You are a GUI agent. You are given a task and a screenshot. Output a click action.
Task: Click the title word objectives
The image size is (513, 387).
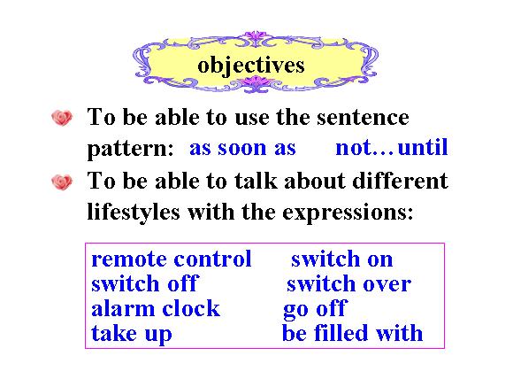[251, 66]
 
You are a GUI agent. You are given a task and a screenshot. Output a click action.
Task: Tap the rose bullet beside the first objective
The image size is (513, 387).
[62, 118]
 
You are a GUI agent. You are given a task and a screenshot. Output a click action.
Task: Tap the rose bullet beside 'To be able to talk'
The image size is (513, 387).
[62, 182]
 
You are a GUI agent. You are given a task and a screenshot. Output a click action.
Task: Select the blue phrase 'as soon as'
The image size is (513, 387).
[242, 148]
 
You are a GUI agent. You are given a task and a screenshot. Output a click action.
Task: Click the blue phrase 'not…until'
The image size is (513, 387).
[392, 148]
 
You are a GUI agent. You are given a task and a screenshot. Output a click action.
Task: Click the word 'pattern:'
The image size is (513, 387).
[130, 150]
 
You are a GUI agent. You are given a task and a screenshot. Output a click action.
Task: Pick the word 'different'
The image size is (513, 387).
[400, 181]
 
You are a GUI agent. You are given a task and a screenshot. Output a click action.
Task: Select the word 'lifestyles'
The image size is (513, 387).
[134, 212]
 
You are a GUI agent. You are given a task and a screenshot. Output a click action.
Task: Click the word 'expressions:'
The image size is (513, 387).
[348, 213]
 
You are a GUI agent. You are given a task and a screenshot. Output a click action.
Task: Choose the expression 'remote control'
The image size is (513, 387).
[172, 259]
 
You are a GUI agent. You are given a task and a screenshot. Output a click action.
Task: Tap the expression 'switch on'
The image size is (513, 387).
[342, 259]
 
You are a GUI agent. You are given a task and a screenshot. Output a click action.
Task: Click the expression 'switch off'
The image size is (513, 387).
[145, 283]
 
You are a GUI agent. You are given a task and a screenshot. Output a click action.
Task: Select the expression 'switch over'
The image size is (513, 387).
[348, 283]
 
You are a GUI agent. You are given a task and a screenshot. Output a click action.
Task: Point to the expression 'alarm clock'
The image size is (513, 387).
[156, 308]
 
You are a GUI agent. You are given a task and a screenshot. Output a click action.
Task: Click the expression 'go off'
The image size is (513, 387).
[314, 309]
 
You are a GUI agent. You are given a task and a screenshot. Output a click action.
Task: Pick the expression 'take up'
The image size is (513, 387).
[132, 334]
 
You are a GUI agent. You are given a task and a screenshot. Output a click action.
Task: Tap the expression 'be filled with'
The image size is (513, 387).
[352, 333]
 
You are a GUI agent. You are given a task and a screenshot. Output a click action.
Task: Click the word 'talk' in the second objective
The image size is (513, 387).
[256, 181]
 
